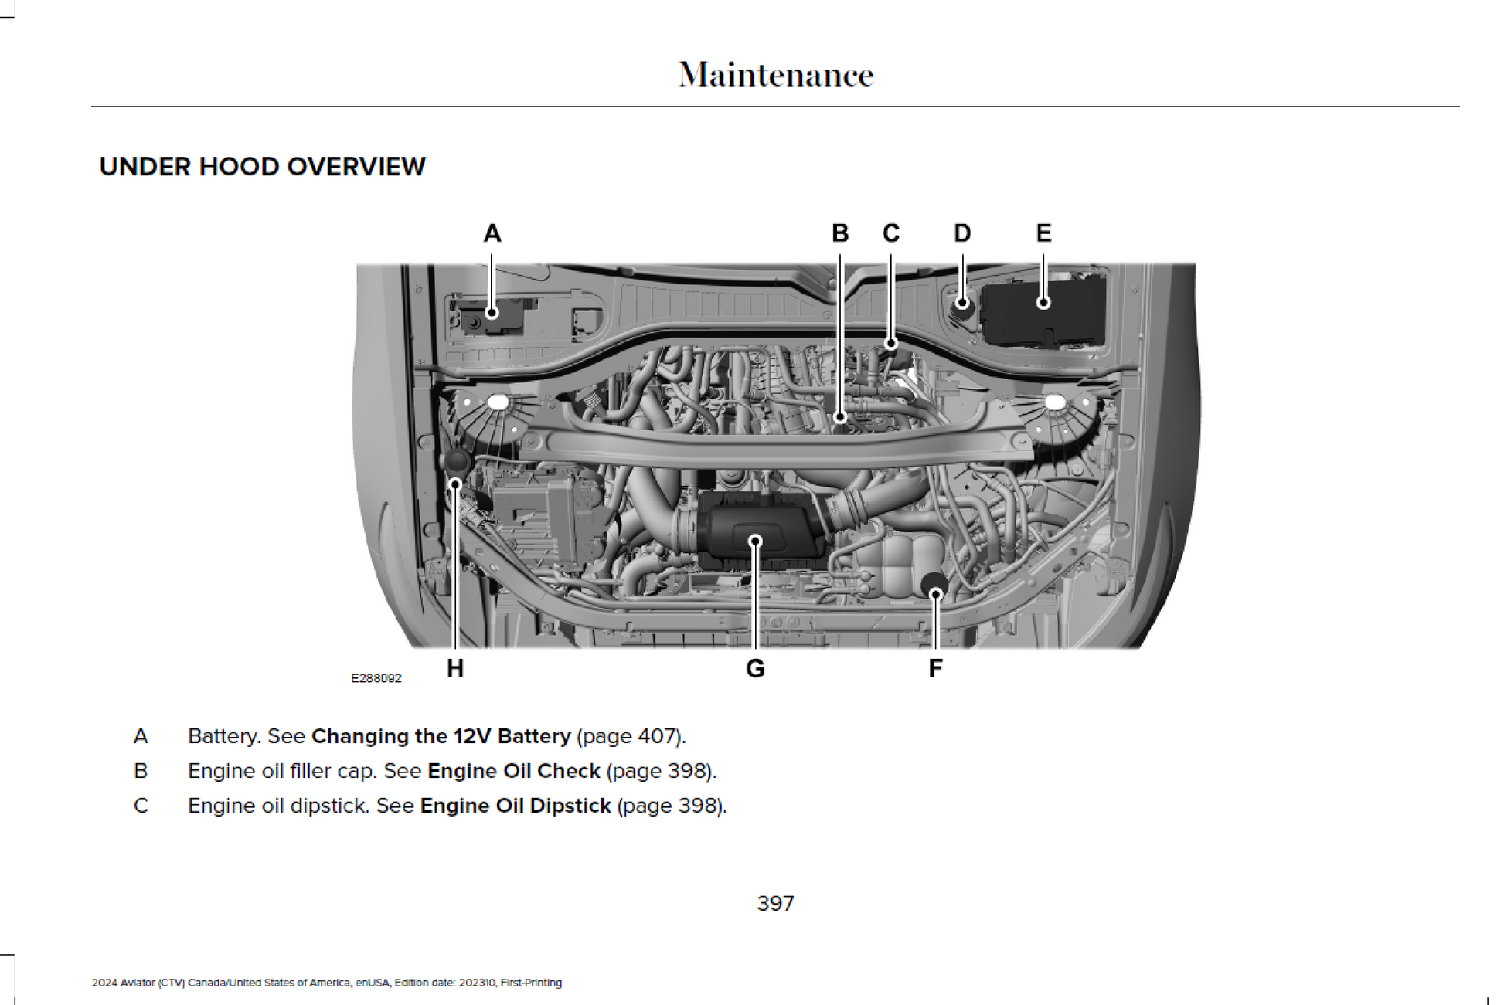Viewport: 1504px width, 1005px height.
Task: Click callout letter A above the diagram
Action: tap(492, 233)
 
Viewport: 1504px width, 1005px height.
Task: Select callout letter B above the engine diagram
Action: tap(840, 233)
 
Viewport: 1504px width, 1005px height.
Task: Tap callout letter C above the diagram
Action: tap(891, 233)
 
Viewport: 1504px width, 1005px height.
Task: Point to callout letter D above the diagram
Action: tap(962, 233)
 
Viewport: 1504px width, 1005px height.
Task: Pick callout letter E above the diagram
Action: tap(1043, 233)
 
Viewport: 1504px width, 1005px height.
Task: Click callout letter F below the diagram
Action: tap(935, 668)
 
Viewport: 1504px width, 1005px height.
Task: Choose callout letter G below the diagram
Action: tap(755, 668)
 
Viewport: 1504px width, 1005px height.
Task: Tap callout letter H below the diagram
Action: tap(455, 668)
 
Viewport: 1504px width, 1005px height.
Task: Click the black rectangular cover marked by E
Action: tap(1043, 313)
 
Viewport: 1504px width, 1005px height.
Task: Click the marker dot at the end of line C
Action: tap(891, 343)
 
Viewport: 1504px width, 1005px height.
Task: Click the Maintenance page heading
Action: tap(776, 75)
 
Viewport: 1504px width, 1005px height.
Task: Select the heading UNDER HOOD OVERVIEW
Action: tap(262, 167)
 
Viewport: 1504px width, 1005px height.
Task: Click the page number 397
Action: tap(775, 903)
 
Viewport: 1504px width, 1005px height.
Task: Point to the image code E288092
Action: tap(376, 678)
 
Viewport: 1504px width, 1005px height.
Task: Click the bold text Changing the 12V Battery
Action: tap(441, 736)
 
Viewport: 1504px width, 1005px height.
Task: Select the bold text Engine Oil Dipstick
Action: tap(516, 806)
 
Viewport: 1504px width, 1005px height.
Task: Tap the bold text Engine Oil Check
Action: tap(514, 771)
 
